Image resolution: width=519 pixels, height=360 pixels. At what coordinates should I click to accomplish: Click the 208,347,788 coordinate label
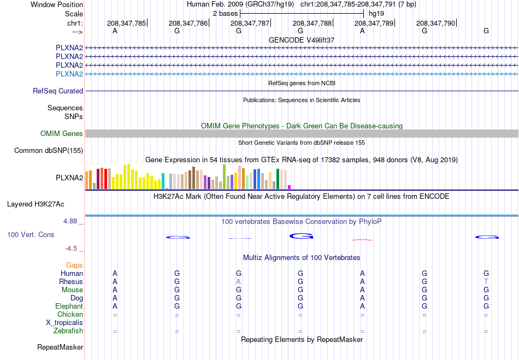click(312, 23)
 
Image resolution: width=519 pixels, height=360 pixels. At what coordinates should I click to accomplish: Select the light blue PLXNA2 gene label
click(69, 74)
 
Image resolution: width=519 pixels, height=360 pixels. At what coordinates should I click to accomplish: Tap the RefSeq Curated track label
click(58, 91)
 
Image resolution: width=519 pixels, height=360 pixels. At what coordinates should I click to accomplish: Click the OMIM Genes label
click(62, 133)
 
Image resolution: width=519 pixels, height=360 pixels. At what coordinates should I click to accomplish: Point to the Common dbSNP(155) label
click(49, 151)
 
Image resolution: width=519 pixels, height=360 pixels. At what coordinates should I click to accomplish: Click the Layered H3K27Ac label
click(36, 204)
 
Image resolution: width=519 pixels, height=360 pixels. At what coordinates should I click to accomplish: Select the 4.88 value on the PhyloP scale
click(70, 221)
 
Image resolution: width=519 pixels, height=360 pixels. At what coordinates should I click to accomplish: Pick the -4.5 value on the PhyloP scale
click(71, 248)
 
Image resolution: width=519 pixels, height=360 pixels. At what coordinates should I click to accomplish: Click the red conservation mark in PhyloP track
click(362, 240)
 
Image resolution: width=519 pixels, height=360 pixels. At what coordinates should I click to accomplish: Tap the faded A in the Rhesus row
click(238, 281)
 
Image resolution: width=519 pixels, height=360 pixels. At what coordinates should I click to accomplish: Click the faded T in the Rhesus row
click(486, 281)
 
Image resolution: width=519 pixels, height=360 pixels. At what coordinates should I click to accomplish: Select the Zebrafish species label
click(68, 331)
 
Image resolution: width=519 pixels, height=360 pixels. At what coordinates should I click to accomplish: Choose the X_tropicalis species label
click(64, 323)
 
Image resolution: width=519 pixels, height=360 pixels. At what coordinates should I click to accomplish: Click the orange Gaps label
click(74, 265)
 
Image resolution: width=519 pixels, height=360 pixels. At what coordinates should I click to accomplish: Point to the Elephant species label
click(69, 306)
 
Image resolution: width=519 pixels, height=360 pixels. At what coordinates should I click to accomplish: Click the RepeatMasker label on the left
click(60, 347)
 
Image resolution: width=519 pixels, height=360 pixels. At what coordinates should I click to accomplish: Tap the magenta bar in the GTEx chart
click(289, 187)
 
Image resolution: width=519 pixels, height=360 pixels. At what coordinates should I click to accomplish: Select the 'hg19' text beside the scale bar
click(376, 14)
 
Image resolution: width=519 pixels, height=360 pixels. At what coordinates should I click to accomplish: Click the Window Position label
click(57, 4)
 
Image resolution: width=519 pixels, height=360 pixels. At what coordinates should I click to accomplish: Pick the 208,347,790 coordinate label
click(435, 23)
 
